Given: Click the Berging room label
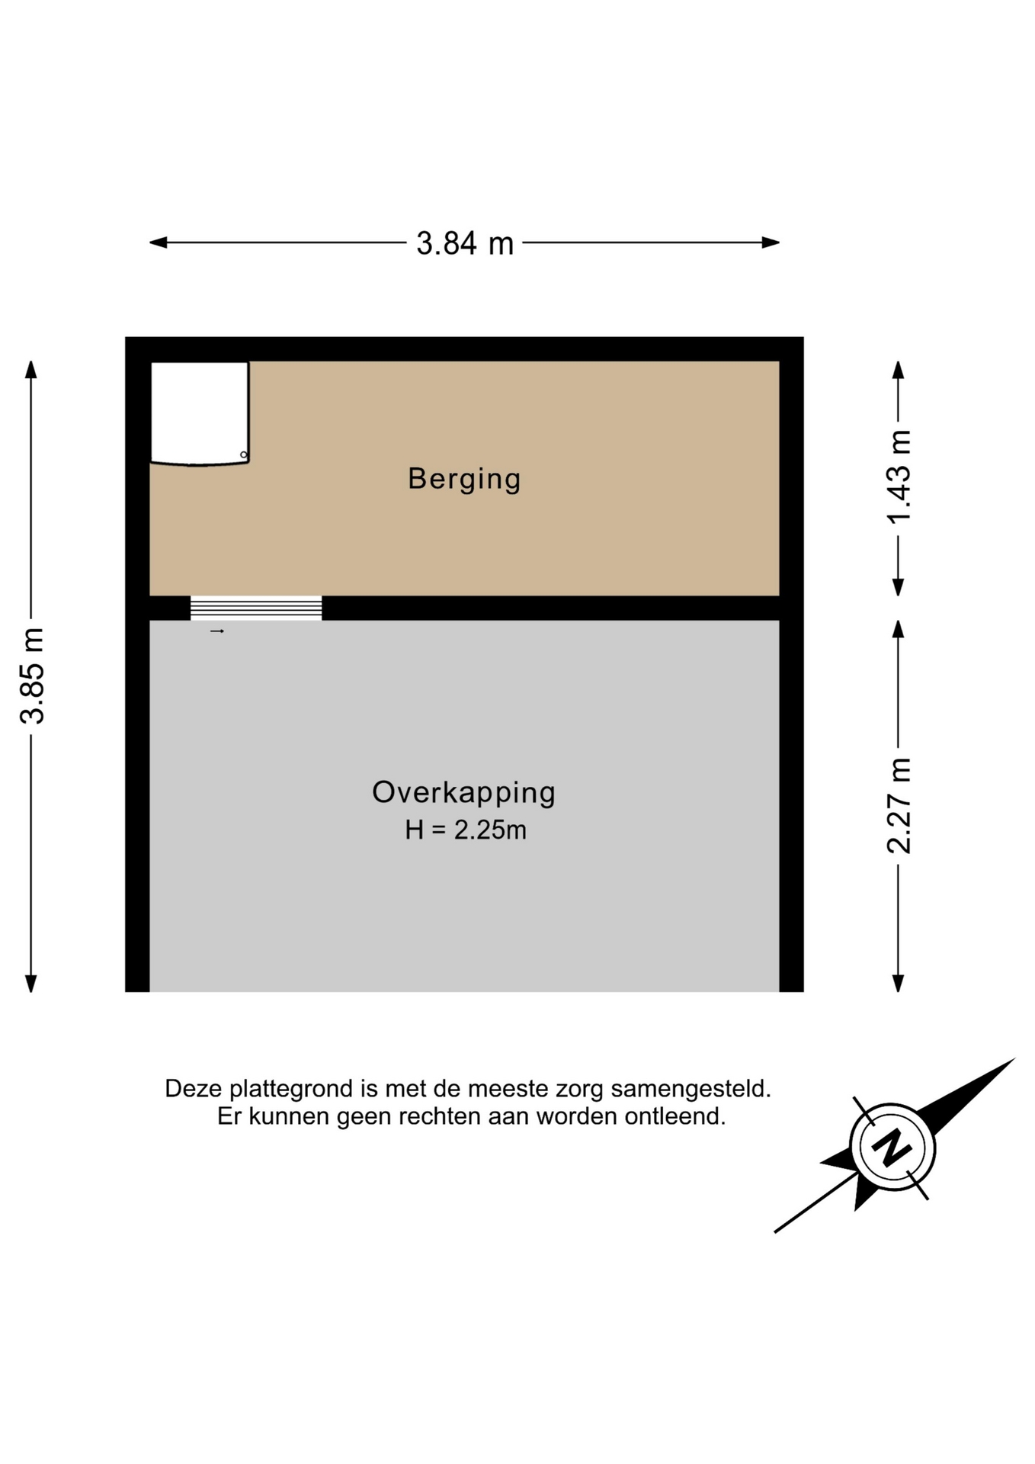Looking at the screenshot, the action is point(464,479).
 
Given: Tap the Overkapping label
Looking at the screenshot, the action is point(463,793).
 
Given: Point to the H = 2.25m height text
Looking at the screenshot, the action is point(465,830).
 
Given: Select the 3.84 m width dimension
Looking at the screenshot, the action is point(465,243).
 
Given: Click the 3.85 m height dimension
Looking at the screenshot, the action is point(33,676).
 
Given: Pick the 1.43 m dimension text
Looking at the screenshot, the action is point(899,477).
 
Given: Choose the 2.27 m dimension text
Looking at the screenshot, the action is point(899,805).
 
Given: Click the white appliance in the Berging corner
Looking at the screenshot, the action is point(200,413).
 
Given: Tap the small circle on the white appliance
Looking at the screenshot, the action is point(244,455).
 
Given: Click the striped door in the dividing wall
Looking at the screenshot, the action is point(256,608).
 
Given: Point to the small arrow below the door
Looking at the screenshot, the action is point(217,631).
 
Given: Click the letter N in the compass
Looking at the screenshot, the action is point(892,1148).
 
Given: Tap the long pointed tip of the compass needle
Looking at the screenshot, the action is point(1014,1058).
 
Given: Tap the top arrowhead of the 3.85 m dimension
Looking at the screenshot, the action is point(31,369).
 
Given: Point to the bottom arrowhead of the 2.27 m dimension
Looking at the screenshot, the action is point(899,984).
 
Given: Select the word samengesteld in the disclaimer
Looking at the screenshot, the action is point(691,1089).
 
